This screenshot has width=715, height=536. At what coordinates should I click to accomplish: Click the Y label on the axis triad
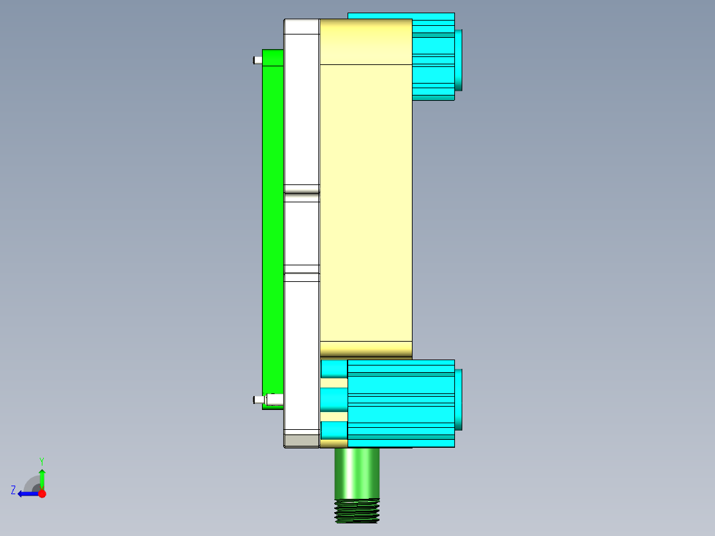point(41,460)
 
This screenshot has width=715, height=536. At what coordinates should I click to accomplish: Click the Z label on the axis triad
point(13,490)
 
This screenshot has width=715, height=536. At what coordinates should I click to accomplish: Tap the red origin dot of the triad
point(42,494)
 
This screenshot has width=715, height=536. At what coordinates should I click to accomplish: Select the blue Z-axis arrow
point(27,494)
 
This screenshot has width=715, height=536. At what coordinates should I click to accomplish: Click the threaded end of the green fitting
point(357,511)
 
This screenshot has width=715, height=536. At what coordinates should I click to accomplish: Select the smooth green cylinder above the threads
point(357,472)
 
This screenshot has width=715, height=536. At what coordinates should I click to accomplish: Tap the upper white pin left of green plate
point(257,60)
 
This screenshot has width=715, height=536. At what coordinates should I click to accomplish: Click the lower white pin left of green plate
point(257,400)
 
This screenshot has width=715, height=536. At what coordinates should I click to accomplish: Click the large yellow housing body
point(365,199)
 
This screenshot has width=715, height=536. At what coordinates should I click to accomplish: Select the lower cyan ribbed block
point(401,403)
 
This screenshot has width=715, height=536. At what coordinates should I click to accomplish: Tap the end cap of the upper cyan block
point(458,60)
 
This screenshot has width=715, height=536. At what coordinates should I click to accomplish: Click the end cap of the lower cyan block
point(458,399)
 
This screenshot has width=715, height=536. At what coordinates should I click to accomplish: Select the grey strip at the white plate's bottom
point(302,440)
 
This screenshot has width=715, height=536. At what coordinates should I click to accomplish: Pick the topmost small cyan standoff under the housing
point(334,369)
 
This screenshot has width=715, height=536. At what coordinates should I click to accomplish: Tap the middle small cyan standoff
point(334,399)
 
